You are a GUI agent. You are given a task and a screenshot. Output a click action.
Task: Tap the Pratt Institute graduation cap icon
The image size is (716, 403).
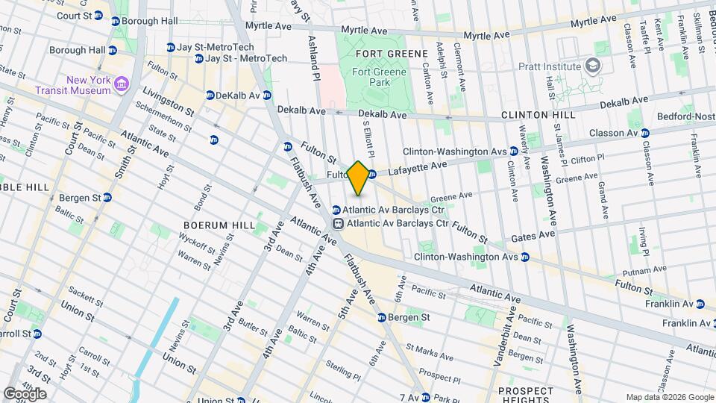point(593,66)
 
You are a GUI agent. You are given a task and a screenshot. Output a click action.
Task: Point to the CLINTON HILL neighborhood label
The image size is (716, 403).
point(538,116)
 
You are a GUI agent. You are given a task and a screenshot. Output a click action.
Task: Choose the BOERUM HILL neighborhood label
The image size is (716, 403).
point(219,224)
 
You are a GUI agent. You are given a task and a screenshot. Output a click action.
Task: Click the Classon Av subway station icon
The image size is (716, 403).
point(645,133)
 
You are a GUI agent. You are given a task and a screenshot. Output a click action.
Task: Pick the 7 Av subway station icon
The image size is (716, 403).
point(425,397)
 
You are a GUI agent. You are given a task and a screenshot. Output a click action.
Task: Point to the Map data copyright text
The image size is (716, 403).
point(669,397)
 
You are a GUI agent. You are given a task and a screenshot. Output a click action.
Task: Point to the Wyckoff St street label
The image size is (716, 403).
point(195,244)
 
